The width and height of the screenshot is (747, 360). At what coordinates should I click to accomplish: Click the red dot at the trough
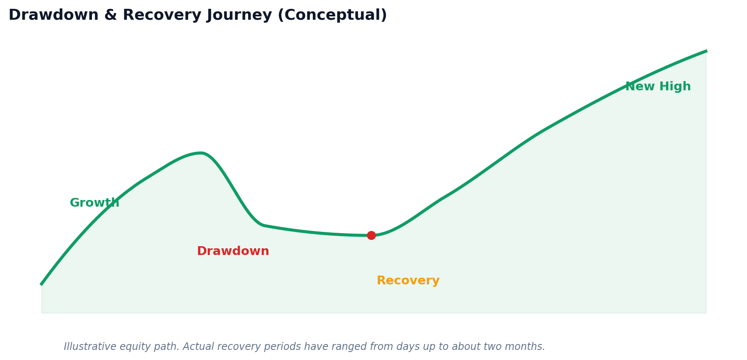point(371,235)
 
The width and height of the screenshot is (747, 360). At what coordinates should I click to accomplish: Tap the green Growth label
point(94,203)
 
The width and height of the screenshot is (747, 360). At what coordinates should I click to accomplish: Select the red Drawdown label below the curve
point(233,251)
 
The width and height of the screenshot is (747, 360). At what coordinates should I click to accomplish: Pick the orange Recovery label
point(408,281)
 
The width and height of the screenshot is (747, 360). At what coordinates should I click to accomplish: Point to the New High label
point(658,87)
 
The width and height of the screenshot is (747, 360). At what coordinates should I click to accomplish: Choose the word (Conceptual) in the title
point(332,16)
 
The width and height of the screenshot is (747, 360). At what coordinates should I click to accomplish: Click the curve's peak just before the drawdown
point(202,153)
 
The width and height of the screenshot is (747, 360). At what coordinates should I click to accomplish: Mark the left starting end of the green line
point(41,284)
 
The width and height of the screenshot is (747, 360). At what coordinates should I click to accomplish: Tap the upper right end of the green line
point(706,51)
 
